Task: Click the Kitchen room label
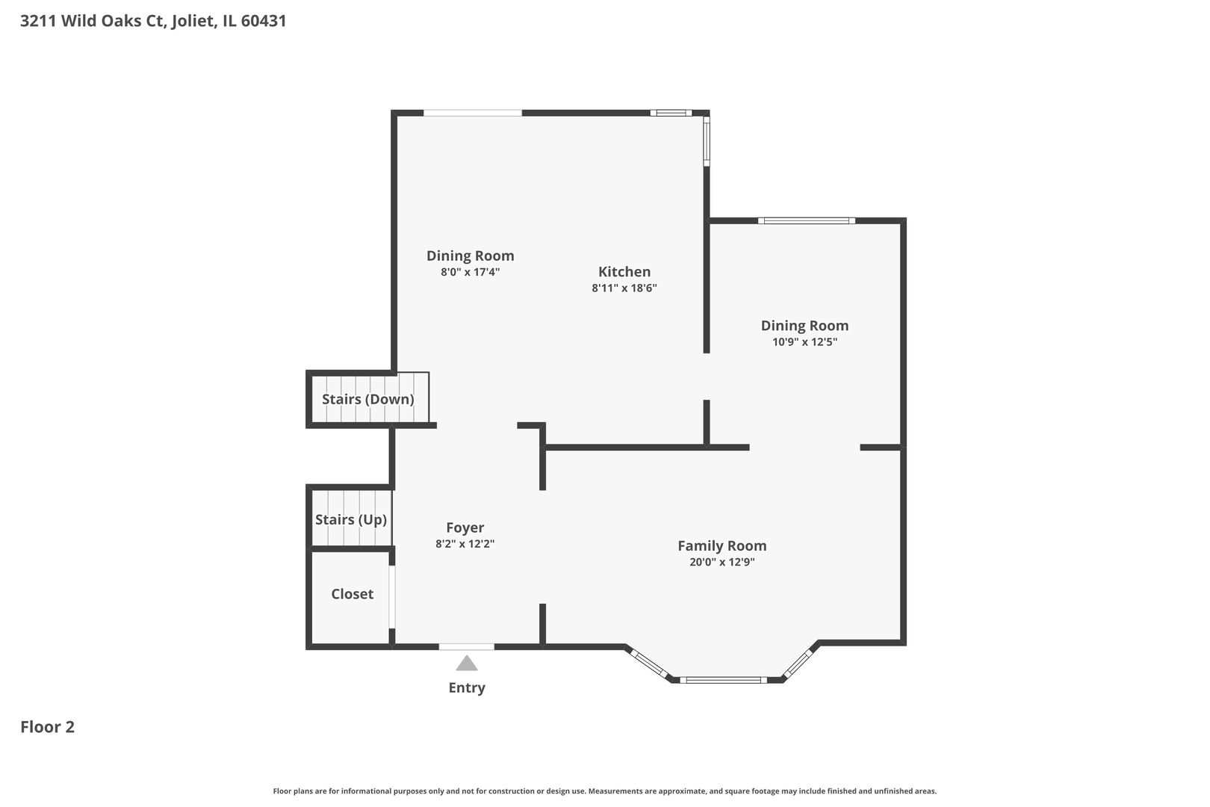coord(624,271)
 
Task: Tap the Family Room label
coord(722,546)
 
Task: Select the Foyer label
coord(465,528)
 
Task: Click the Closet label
coord(353,594)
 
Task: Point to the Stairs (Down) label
coord(368,400)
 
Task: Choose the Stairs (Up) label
coord(351,520)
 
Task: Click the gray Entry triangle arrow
coord(467,664)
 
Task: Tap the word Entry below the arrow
coord(467,687)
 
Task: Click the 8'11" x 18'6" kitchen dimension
coord(624,288)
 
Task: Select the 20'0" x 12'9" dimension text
coord(722,562)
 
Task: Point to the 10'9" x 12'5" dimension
coord(805,342)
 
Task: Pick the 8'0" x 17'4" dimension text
coord(470,272)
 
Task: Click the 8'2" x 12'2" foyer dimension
coord(465,544)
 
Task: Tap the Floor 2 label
coord(48,727)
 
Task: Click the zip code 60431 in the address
coord(264,21)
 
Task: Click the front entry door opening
coord(467,647)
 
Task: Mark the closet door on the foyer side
coord(392,597)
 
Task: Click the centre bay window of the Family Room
coord(723,680)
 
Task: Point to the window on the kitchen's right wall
coord(706,141)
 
